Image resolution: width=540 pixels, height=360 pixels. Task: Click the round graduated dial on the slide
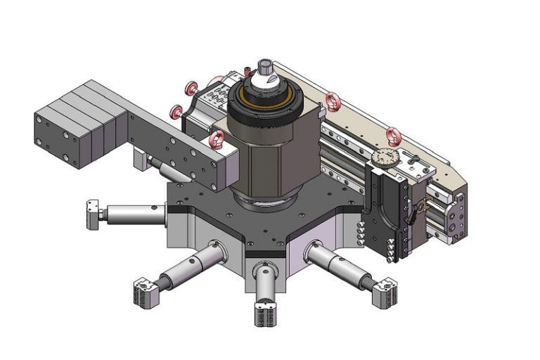click(384, 158)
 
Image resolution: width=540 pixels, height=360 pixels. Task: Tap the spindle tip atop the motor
click(265, 68)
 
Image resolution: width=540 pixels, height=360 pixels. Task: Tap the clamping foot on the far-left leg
click(92, 214)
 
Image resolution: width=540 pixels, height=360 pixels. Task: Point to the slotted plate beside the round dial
click(420, 168)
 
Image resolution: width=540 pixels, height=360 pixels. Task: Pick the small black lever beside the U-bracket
click(420, 207)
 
